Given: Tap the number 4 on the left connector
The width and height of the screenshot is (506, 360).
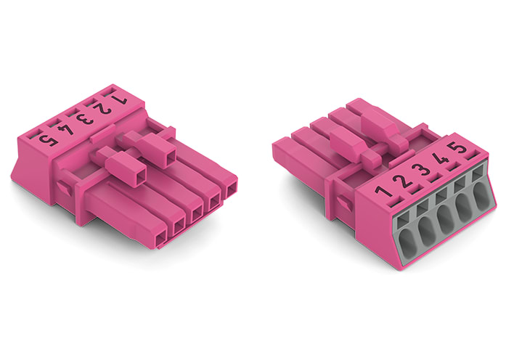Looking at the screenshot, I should [68, 128].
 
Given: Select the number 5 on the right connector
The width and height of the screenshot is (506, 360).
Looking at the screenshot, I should [457, 150].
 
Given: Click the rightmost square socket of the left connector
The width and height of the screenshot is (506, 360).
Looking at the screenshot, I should [231, 191].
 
